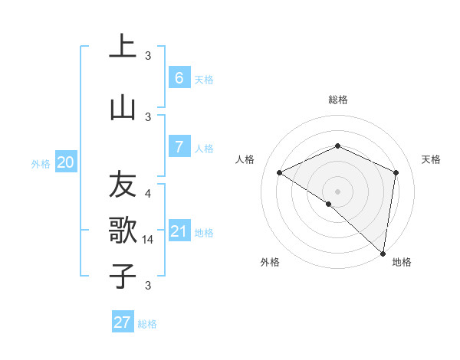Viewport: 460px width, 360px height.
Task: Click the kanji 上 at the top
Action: coord(123,46)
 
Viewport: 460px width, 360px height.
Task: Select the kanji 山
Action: coord(123,107)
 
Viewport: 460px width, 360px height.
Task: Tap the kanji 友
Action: coord(123,185)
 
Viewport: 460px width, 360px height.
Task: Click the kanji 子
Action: coord(123,275)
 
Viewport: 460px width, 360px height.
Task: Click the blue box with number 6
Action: coord(179,78)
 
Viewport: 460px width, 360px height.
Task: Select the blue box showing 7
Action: coord(179,147)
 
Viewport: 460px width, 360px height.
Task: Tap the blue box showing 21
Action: coord(179,231)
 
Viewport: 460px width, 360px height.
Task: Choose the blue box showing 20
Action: coord(66,162)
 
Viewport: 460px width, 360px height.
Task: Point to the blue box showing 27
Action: coord(122,322)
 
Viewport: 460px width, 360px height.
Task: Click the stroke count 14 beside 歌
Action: coord(148,240)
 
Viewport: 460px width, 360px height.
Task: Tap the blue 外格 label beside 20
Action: coord(41,163)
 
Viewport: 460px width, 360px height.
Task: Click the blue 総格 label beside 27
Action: coord(147,324)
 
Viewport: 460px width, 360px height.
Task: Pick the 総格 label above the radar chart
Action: coord(337,100)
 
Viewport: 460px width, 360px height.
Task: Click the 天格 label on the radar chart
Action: coord(431,159)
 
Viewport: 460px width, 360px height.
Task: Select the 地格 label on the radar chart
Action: coord(402,262)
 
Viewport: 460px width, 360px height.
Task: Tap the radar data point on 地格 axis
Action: coord(383,253)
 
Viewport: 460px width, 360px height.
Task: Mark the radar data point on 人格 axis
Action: coord(280,173)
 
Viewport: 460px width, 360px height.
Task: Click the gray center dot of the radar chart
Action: coord(337,191)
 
